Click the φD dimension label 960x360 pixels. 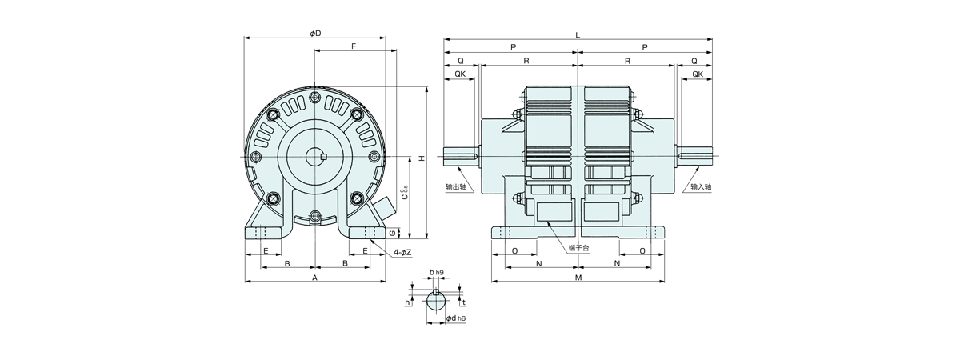point(315,33)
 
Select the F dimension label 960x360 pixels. point(354,46)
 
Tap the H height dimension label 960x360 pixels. point(422,158)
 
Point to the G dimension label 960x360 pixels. point(392,234)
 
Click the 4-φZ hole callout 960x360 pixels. point(402,253)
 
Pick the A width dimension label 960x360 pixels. point(314,278)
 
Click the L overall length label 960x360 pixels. point(578,34)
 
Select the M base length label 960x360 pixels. point(578,278)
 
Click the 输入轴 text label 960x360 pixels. point(701,187)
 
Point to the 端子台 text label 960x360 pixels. point(579,248)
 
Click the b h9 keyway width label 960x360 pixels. point(436,272)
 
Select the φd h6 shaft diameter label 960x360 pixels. point(455,318)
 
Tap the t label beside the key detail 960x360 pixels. point(464,302)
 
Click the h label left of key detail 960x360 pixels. point(407,302)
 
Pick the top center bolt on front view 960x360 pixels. point(315,97)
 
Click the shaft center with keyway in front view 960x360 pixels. point(315,157)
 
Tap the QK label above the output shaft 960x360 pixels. point(460,74)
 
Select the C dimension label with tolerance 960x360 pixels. point(404,193)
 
